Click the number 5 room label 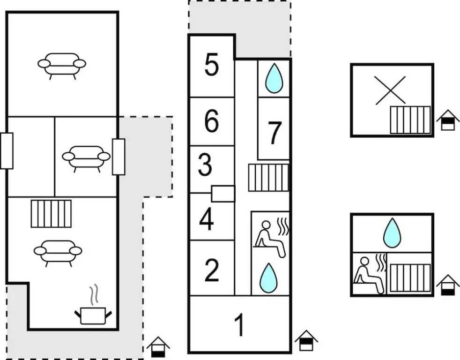211,65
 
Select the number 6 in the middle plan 211,121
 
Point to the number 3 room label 205,165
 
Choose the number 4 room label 207,220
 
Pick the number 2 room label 212,270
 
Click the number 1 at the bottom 239,325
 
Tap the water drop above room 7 274,78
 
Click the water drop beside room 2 268,278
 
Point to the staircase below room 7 268,177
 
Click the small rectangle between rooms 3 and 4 223,194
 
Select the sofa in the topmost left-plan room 62,64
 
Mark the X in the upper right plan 390,90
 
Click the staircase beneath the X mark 410,120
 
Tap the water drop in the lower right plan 392,232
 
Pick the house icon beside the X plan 448,120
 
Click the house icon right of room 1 306,341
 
